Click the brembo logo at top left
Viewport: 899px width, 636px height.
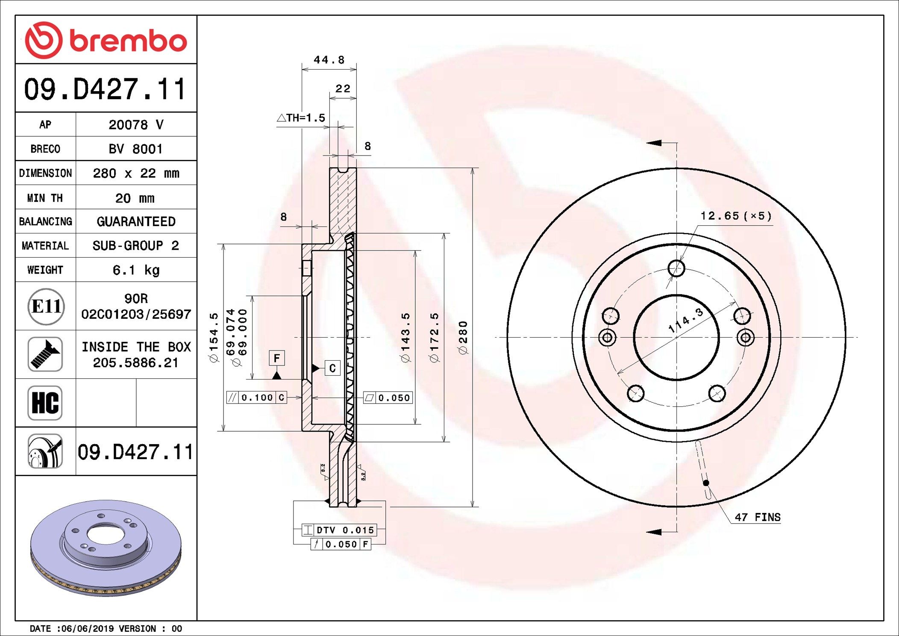pyautogui.click(x=106, y=40)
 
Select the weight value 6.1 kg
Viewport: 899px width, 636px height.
pyautogui.click(x=136, y=270)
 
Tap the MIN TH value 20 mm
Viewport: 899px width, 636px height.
pyautogui.click(x=135, y=198)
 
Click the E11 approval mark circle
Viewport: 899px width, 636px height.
pyautogui.click(x=46, y=306)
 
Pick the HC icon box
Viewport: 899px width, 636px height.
pyautogui.click(x=45, y=403)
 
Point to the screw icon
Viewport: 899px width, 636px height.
pyautogui.click(x=45, y=354)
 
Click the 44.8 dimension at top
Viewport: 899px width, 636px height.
pyautogui.click(x=329, y=60)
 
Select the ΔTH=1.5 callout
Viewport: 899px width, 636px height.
pyautogui.click(x=301, y=118)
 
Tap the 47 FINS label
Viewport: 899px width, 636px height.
pyautogui.click(x=757, y=517)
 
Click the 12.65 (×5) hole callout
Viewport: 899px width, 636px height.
pyautogui.click(x=736, y=216)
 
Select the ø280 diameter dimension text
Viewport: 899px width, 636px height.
pyautogui.click(x=463, y=338)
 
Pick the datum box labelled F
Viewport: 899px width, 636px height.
pyautogui.click(x=276, y=358)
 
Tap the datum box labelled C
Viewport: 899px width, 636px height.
pyautogui.click(x=332, y=368)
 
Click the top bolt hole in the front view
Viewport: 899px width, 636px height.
pyautogui.click(x=676, y=268)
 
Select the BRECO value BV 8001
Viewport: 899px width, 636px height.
pyautogui.click(x=136, y=149)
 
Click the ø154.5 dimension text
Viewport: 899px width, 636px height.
pyautogui.click(x=214, y=338)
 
